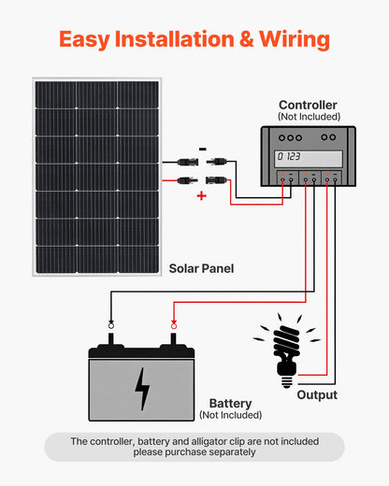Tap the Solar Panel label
(x=201, y=268)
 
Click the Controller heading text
(x=308, y=106)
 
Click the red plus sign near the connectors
(x=201, y=196)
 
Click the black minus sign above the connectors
(x=203, y=148)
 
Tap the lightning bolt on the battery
(x=141, y=388)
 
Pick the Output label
(x=317, y=395)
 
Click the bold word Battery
(x=230, y=403)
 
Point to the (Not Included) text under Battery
(x=230, y=415)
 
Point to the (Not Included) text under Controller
(x=308, y=117)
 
